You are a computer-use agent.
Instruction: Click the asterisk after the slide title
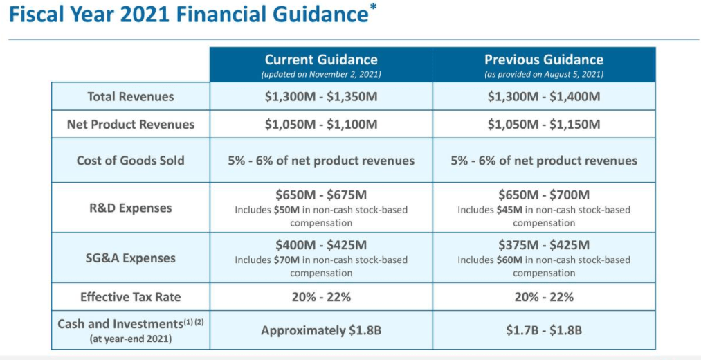373,9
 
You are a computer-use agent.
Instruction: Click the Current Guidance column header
321,60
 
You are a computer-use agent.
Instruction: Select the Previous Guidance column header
543,60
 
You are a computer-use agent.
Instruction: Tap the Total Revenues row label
131,96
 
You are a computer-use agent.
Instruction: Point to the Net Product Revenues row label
131,125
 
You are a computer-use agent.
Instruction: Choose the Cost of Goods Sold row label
131,161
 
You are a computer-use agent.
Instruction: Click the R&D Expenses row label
131,208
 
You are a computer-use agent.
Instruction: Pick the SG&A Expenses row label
131,258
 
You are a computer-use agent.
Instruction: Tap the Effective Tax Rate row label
131,297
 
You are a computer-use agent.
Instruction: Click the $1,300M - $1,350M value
321,96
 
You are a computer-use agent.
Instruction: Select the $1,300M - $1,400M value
543,96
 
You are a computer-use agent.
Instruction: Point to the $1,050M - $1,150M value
543,125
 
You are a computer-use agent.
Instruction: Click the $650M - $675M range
321,195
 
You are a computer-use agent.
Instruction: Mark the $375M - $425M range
543,245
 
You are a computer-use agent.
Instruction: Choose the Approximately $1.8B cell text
321,330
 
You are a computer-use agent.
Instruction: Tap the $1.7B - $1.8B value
543,330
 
